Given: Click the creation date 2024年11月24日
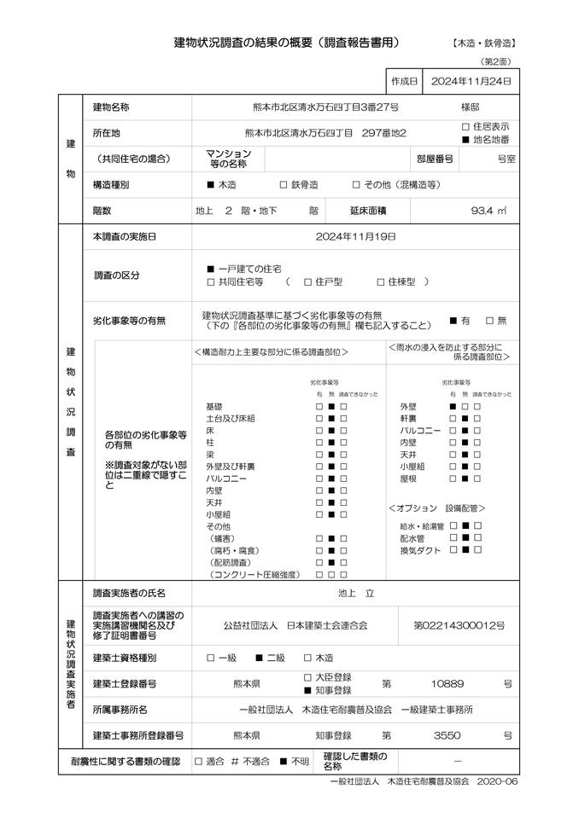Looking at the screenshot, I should (471, 81).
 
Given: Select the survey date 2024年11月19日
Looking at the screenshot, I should (355, 236).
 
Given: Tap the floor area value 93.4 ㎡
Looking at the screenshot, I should (489, 210).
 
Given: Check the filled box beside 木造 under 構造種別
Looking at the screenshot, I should (210, 184).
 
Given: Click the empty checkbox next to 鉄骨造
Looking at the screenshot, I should (284, 184).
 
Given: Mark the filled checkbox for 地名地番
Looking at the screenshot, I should (465, 139).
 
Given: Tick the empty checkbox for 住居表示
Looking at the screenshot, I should (465, 126).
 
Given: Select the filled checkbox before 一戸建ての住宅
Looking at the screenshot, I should (210, 269).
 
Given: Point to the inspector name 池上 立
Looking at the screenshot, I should (356, 593).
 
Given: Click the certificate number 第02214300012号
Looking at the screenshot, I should (459, 625).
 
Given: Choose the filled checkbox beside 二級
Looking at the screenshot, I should (259, 658).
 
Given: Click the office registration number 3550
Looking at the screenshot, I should (448, 734).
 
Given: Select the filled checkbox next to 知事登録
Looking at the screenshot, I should (308, 690).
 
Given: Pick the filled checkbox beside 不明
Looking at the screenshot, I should (284, 760).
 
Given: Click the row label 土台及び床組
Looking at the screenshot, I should (231, 419).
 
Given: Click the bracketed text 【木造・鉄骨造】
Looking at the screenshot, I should (483, 43).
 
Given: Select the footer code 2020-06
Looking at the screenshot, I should (498, 780).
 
